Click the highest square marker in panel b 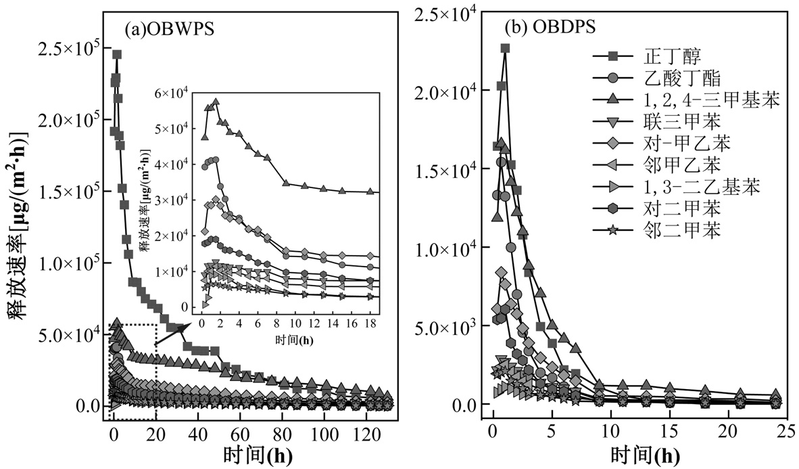point(505,49)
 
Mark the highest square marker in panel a point(117,55)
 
